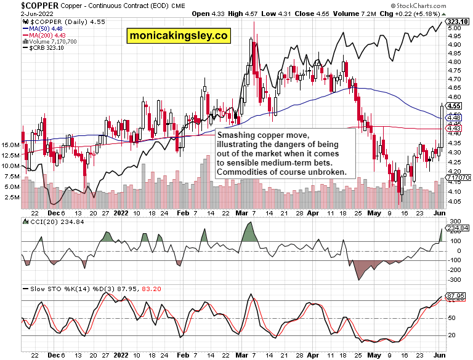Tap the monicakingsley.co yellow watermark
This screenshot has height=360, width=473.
coord(179,37)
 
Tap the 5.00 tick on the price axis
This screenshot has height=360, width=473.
coord(455,28)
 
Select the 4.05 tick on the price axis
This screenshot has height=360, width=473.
coord(455,201)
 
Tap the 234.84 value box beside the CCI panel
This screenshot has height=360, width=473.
coord(461,228)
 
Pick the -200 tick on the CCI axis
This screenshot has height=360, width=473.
coord(455,270)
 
